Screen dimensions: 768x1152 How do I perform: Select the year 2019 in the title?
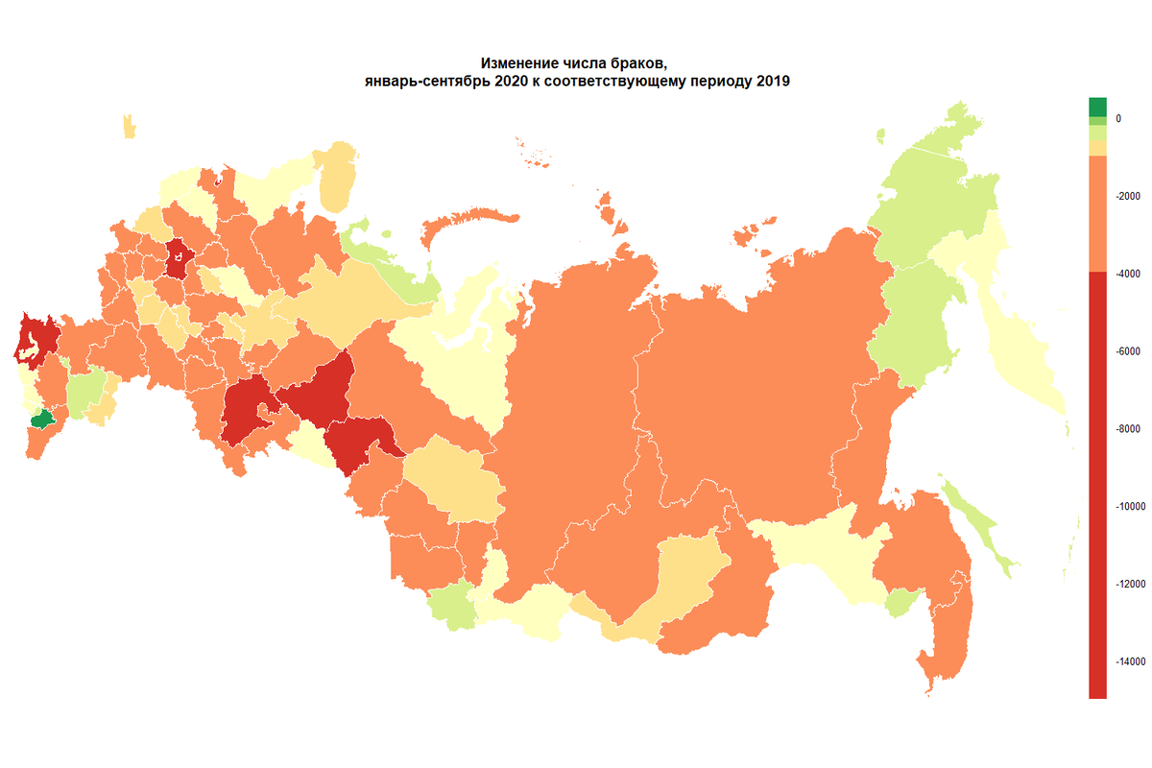click(x=771, y=82)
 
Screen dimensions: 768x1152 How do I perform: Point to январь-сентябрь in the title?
click(x=419, y=82)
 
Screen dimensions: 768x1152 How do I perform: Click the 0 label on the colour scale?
click(x=1117, y=118)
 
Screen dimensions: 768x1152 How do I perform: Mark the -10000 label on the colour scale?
click(x=1128, y=506)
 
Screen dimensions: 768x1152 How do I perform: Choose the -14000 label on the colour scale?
click(x=1128, y=661)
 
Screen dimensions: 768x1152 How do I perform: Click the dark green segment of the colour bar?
click(x=1097, y=107)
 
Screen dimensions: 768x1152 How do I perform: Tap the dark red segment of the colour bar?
click(x=1097, y=480)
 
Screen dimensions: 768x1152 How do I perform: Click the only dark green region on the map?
click(x=41, y=420)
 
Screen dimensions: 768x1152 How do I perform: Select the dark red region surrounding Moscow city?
click(x=179, y=257)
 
